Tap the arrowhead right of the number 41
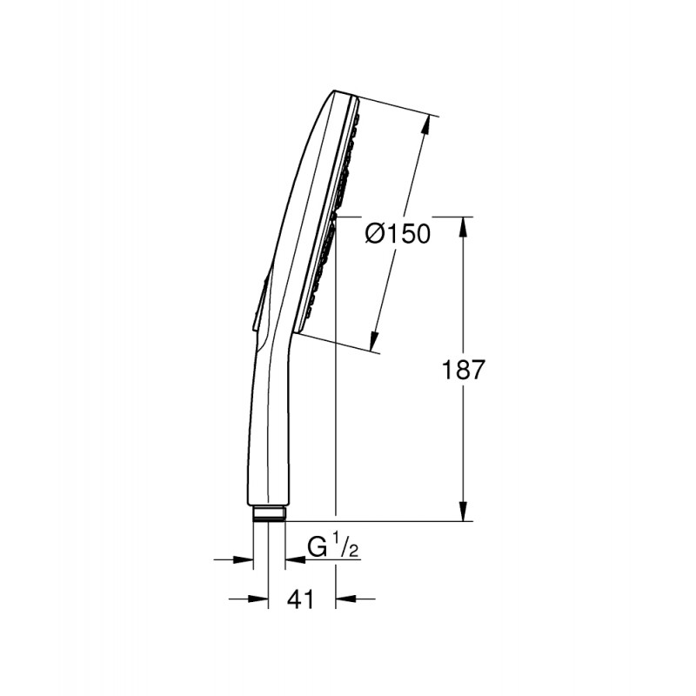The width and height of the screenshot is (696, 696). pyautogui.click(x=345, y=599)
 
